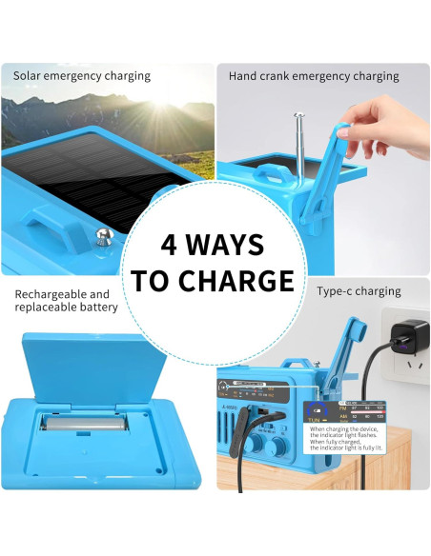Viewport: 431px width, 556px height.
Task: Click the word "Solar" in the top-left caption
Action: pyautogui.click(x=30, y=75)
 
